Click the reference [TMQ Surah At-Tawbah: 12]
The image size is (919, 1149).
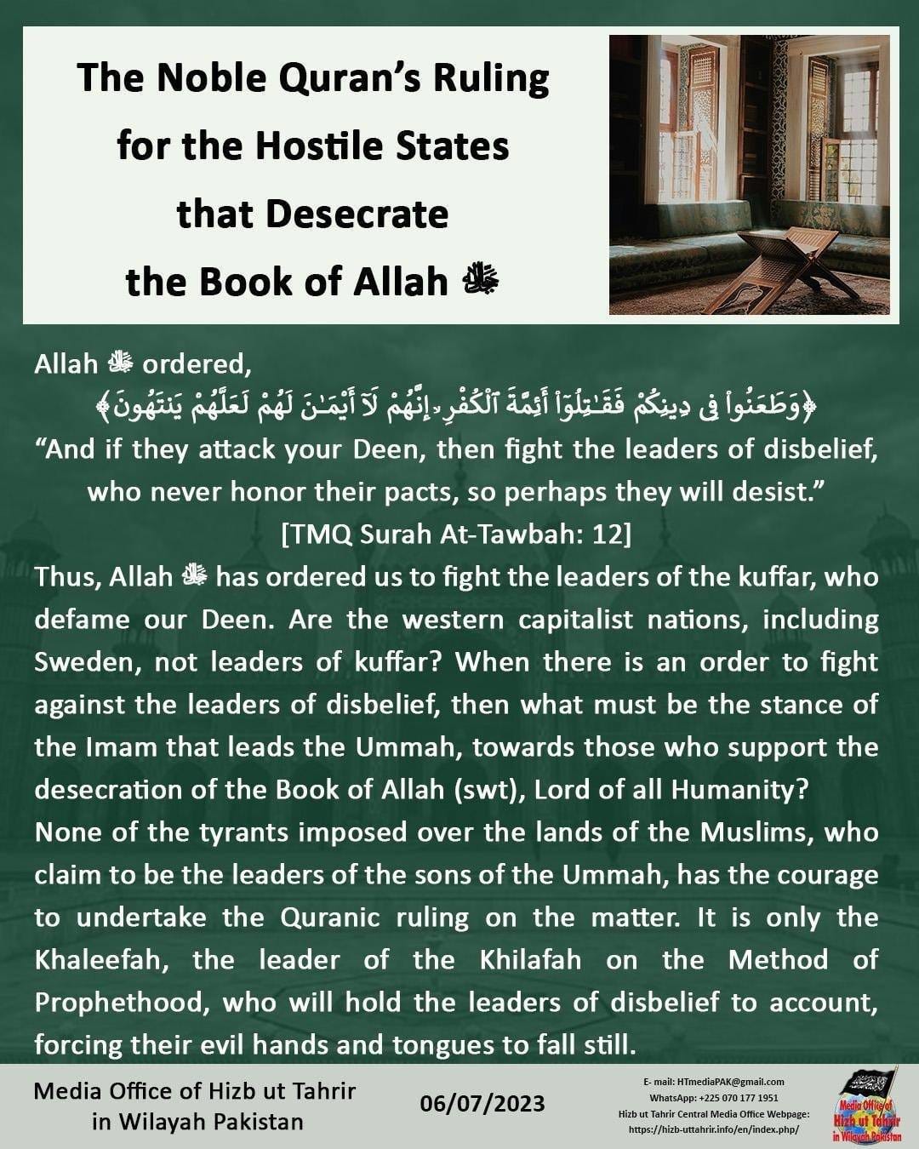click(x=456, y=534)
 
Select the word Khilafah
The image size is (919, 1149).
click(x=530, y=960)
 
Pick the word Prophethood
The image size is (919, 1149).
click(x=119, y=1003)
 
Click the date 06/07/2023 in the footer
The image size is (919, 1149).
click(x=482, y=1104)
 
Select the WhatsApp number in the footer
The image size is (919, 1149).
click(x=739, y=1098)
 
